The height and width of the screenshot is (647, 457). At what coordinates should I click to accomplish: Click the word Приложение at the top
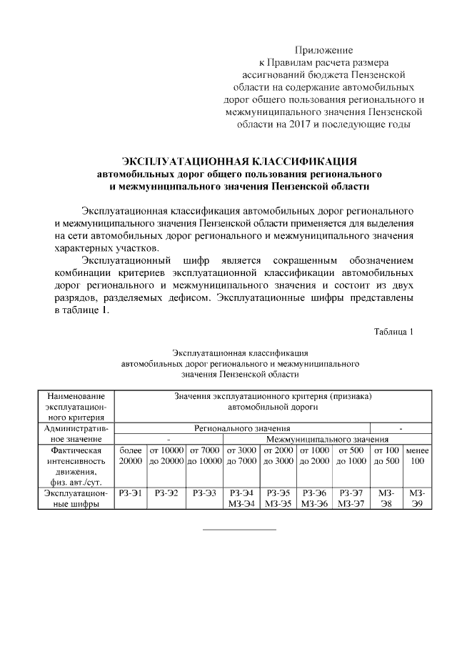click(x=324, y=50)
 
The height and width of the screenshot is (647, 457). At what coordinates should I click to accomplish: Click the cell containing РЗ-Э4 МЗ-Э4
click(x=242, y=498)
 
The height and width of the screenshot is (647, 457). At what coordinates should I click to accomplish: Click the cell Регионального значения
click(x=242, y=428)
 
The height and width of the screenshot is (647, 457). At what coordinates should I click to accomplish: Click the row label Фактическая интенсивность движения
click(x=76, y=466)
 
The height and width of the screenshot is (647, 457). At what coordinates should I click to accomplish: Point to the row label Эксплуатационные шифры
click(x=76, y=498)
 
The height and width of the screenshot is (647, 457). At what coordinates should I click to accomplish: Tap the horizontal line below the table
click(x=240, y=530)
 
